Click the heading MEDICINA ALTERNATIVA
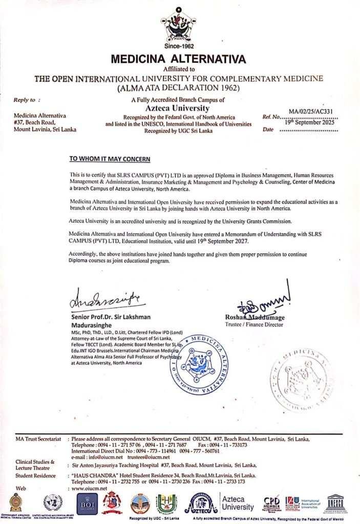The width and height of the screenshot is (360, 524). coord(178,59)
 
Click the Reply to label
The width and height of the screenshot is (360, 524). coord(27,100)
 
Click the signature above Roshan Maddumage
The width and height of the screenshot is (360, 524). coord(266,302)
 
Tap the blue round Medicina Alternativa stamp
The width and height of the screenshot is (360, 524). coord(199,364)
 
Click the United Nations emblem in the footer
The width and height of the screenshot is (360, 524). coord(53,503)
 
